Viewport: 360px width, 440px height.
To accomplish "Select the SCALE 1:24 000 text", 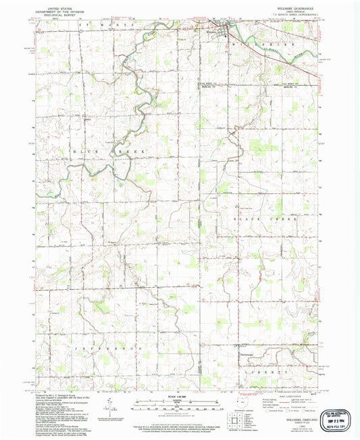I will [180, 396].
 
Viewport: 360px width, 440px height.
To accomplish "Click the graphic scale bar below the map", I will [180, 403].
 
